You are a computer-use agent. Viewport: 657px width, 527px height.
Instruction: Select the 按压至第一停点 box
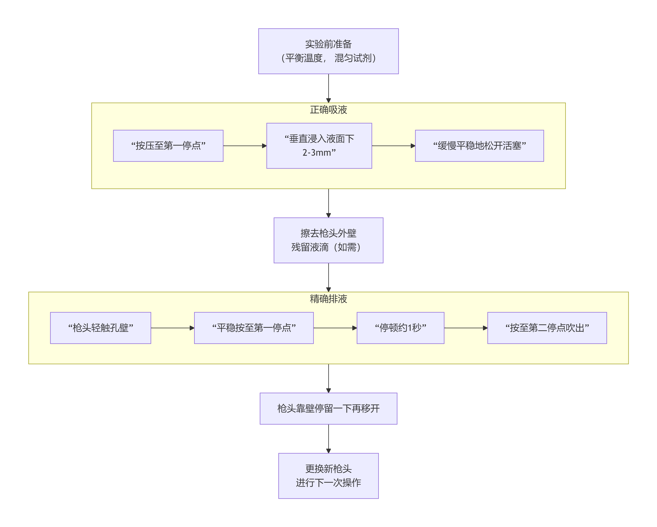tap(168, 146)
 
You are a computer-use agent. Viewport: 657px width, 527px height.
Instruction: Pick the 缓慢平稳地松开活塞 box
tap(479, 146)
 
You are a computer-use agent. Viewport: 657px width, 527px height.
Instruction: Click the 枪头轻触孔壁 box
tap(100, 328)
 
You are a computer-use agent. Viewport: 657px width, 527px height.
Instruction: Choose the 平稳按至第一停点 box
tap(254, 328)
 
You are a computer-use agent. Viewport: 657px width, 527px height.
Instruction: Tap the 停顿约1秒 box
tap(401, 328)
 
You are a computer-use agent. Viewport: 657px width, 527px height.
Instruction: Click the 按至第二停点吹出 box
tap(547, 328)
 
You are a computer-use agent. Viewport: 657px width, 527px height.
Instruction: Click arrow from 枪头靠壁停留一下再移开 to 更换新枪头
tap(328, 438)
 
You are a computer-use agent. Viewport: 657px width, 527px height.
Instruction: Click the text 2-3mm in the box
tap(319, 153)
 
